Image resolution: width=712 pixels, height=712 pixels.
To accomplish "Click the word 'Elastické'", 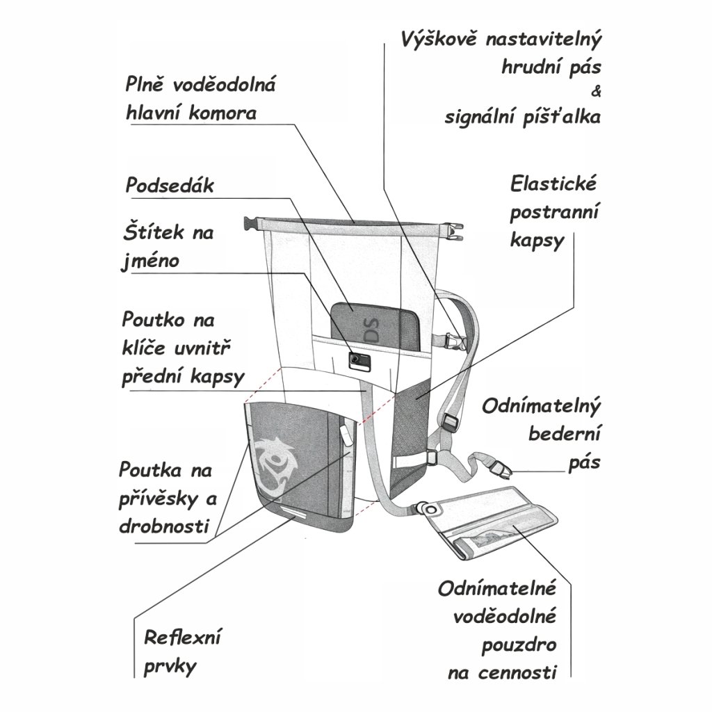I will click(553, 186).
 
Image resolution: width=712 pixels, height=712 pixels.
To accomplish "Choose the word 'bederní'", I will click(564, 435).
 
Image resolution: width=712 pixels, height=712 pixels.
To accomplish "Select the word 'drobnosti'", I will click(164, 524).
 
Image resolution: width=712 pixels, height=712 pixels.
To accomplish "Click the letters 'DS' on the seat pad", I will click(373, 328).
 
